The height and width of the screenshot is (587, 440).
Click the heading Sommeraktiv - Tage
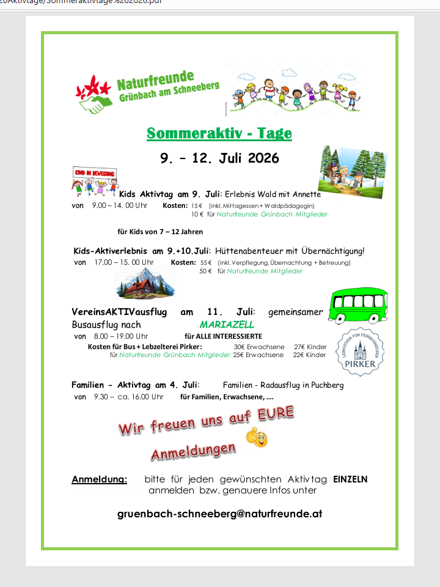(219, 133)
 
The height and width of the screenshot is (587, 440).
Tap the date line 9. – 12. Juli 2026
(219, 158)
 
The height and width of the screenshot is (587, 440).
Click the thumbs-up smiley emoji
(257, 437)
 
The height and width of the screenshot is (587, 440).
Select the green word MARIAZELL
(227, 325)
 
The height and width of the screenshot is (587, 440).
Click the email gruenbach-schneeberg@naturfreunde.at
(219, 514)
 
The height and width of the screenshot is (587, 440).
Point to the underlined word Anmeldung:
(99, 479)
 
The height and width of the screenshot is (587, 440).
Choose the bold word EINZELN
(350, 479)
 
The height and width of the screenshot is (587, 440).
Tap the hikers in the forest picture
(353, 171)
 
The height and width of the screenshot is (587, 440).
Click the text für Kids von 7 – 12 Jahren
(160, 232)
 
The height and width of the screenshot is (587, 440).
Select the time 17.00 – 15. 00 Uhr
(124, 262)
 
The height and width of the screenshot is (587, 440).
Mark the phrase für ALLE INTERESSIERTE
(223, 336)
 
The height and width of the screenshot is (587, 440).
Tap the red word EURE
(276, 413)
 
